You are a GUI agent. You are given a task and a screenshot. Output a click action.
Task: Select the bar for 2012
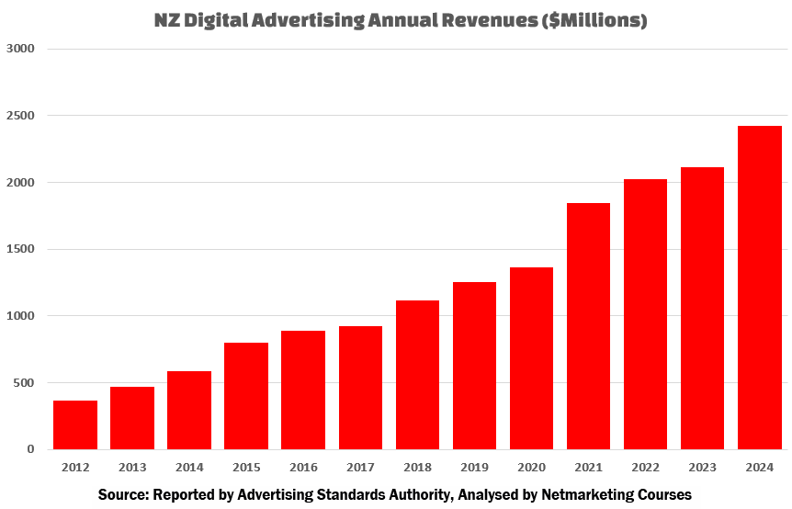(75, 424)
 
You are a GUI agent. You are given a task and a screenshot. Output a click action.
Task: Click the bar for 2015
(246, 396)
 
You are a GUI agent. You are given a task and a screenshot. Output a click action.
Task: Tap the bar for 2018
(417, 375)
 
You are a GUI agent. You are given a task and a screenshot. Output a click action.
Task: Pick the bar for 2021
(588, 326)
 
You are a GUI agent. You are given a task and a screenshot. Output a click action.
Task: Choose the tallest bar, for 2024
(759, 288)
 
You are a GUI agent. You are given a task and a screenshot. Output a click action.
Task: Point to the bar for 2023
(702, 308)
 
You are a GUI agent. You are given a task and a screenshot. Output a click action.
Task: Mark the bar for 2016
(303, 390)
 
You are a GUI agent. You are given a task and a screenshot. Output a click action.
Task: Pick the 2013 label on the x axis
(132, 466)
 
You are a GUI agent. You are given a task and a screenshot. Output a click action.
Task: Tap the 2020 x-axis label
(531, 466)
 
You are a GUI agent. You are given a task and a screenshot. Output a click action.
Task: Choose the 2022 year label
(645, 466)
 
